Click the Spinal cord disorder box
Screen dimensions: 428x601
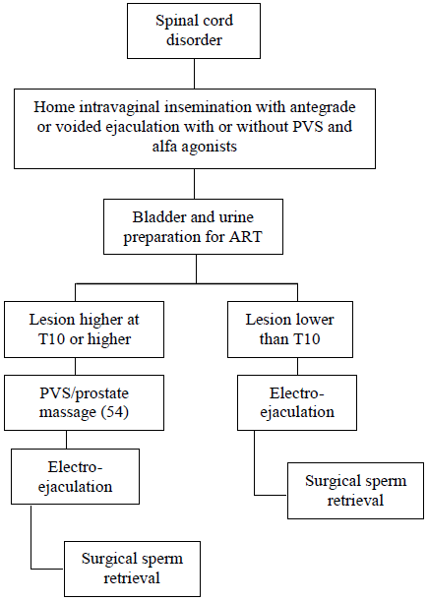[x=194, y=31]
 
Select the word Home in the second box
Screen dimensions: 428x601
[x=54, y=106]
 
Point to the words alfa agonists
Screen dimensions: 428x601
[x=195, y=146]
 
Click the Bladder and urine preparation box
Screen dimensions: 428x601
[x=193, y=226]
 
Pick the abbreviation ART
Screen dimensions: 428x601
[x=245, y=236]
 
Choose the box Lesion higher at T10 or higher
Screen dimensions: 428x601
[x=84, y=330]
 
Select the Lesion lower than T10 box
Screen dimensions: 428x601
[x=290, y=330]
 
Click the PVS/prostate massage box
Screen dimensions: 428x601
[x=84, y=402]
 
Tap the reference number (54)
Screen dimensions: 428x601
[x=115, y=412]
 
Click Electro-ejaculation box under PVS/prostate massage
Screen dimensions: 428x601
[x=75, y=476]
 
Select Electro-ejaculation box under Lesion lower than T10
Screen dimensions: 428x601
[x=297, y=402]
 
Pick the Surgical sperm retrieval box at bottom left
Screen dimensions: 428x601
[x=132, y=569]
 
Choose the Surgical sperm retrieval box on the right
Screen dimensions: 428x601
[x=355, y=491]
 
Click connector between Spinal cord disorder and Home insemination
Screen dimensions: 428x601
[x=194, y=74]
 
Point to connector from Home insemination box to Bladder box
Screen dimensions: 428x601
[x=194, y=184]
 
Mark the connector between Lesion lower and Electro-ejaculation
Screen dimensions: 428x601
[x=297, y=367]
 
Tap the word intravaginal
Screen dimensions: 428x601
[x=119, y=107]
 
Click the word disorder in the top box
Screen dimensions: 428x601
[x=194, y=40]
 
